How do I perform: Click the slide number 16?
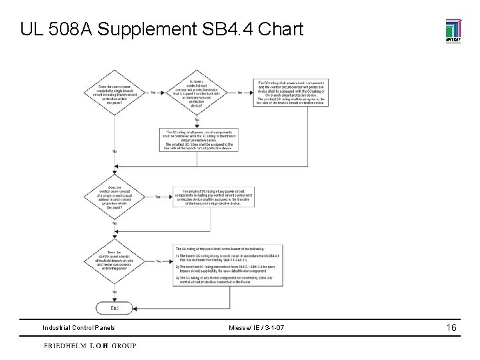(x=451, y=327)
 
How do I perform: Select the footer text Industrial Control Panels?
(x=79, y=328)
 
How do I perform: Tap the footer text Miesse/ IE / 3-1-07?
(x=257, y=328)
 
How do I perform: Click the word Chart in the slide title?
(x=280, y=29)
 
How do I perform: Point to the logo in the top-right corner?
(x=453, y=31)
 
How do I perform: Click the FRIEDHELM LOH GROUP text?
(x=90, y=346)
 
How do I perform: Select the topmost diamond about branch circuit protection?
(x=115, y=93)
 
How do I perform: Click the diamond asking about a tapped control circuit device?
(x=197, y=93)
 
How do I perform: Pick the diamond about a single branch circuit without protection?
(x=115, y=197)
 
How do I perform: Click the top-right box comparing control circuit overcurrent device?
(x=291, y=93)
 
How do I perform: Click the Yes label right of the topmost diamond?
(x=153, y=93)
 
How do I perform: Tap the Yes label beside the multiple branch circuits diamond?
(x=158, y=261)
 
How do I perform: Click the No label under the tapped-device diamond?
(x=197, y=119)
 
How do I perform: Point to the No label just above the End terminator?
(x=115, y=291)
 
